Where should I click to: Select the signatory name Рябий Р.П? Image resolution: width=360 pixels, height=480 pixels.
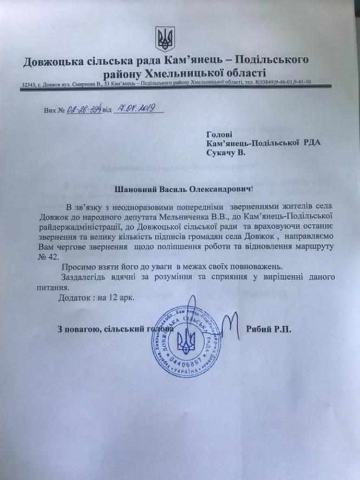268,329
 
